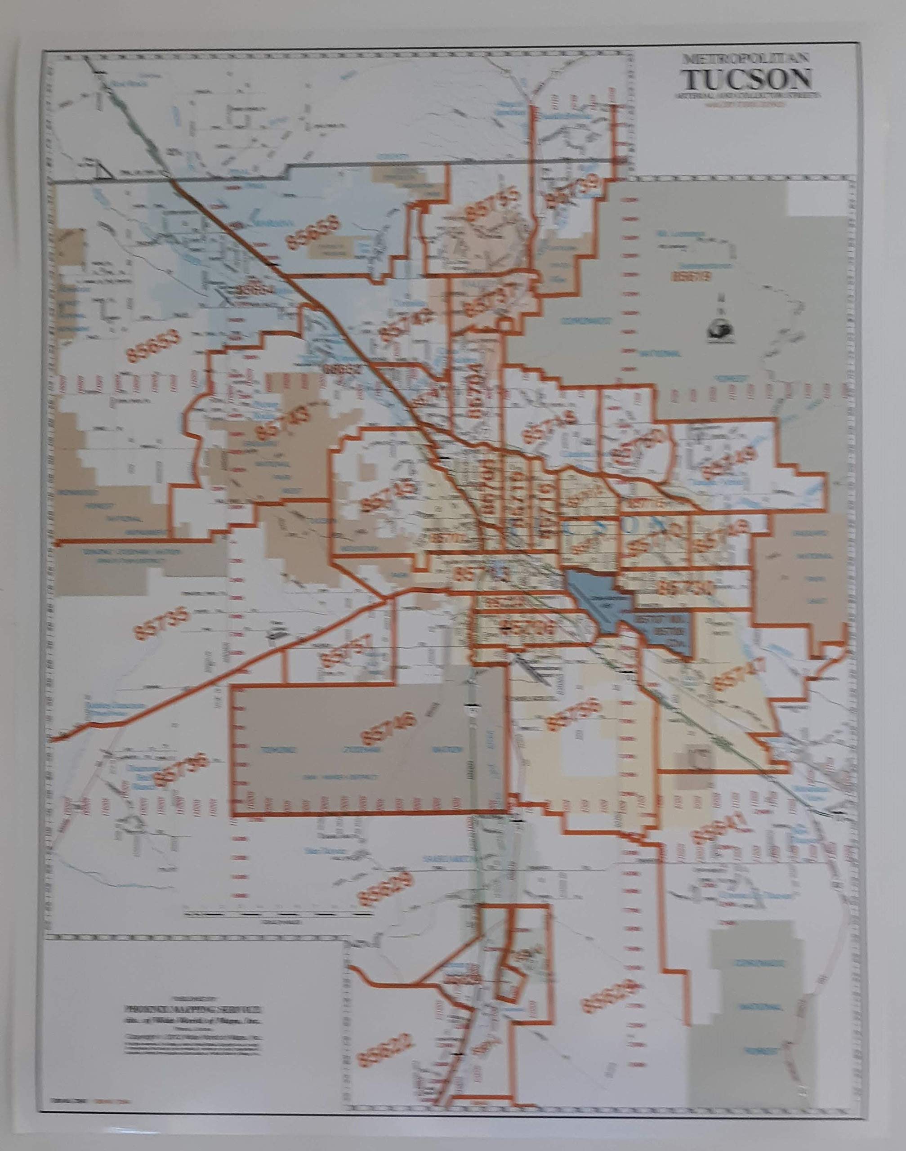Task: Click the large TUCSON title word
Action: [747, 80]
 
